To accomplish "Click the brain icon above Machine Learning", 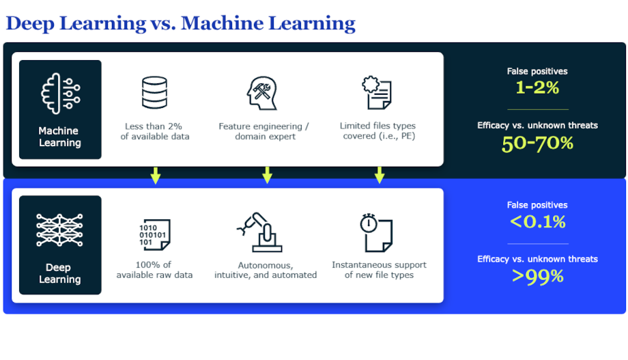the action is point(61,94).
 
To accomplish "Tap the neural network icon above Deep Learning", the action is point(59,230).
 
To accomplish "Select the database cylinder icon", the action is point(154,93).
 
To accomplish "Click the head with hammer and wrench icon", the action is point(262,94).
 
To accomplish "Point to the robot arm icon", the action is point(259,232).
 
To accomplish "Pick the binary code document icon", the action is point(154,234).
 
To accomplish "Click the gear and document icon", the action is point(377,93).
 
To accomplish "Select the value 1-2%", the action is point(537,87).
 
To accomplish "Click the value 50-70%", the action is point(537,143).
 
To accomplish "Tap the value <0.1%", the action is point(537,222).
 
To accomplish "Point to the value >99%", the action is point(537,276).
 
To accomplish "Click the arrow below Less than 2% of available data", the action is point(156,176).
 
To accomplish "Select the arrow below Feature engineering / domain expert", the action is point(267,176).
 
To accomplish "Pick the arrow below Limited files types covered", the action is point(380,176).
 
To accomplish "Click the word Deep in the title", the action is point(30,24).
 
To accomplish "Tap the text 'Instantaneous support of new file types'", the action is point(379,270).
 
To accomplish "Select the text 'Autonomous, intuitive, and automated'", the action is point(266,271).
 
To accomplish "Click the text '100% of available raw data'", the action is point(154,270).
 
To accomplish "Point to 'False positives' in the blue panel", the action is point(537,205).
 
